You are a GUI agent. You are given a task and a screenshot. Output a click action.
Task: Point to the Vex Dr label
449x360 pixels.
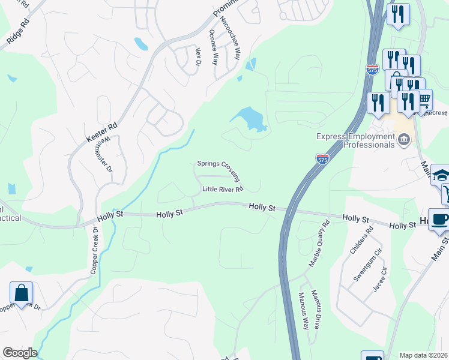197,57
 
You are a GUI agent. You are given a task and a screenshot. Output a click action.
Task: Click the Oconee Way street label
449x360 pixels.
214,47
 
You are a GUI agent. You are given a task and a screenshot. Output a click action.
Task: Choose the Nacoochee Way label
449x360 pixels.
230,37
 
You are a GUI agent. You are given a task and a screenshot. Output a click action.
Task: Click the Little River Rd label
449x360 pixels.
223,189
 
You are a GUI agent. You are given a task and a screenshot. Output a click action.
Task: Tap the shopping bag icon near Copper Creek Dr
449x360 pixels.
21,293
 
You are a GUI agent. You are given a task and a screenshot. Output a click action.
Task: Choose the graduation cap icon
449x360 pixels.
441,175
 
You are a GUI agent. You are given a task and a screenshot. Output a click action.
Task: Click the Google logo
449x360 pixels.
20,353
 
